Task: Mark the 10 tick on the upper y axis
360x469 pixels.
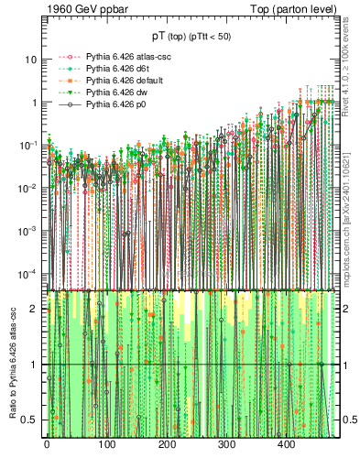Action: click(30, 60)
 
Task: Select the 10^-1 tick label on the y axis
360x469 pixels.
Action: click(27, 145)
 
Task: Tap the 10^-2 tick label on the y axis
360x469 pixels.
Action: click(27, 188)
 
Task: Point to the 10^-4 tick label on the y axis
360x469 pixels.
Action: click(27, 273)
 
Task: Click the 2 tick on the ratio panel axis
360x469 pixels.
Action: click(34, 309)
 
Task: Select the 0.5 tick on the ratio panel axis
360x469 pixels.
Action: click(30, 420)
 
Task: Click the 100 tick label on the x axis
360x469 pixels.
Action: click(106, 444)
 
